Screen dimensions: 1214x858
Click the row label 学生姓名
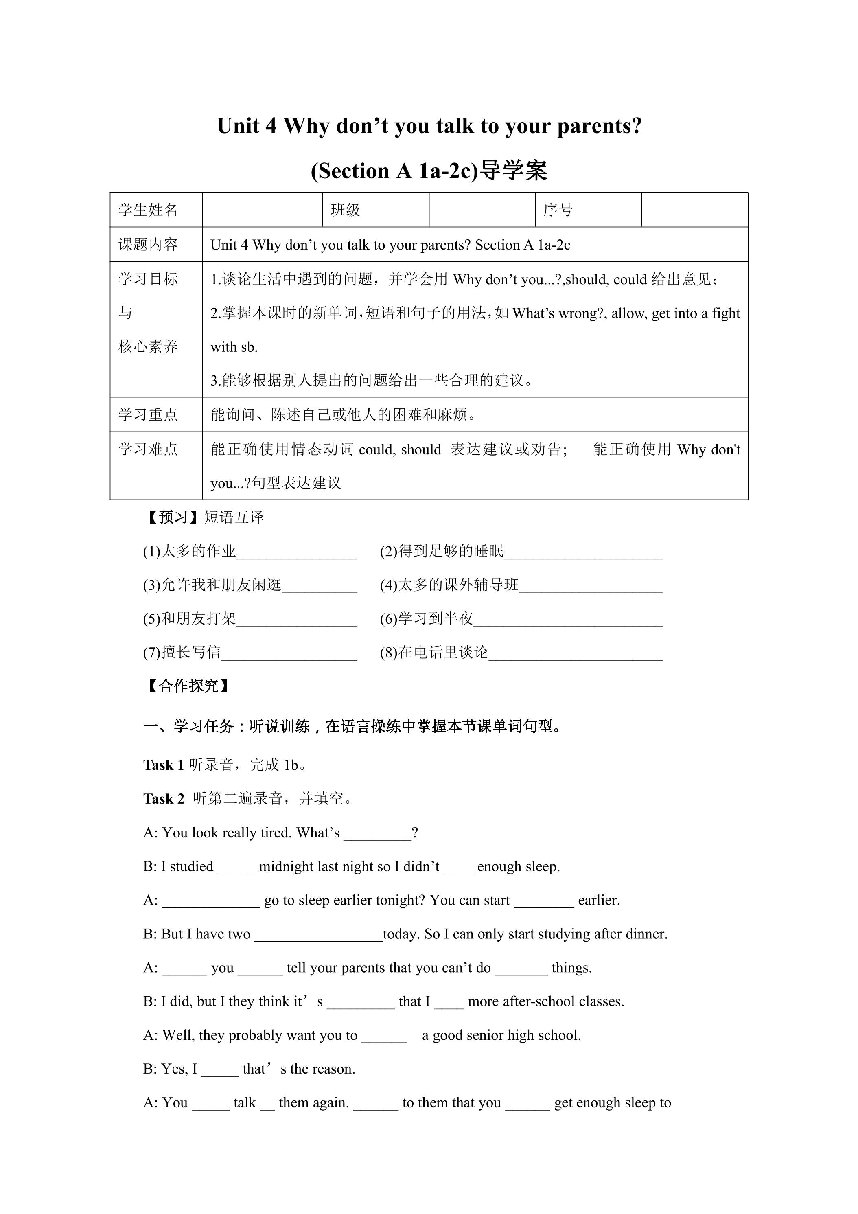click(148, 210)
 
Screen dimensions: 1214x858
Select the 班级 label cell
click(345, 210)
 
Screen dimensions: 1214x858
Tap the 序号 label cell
click(558, 210)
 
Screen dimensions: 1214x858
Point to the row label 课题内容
click(148, 244)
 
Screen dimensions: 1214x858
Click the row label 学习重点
click(148, 414)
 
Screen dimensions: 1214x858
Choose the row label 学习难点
click(148, 449)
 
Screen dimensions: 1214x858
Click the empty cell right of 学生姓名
click(262, 210)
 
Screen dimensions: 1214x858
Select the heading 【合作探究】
click(188, 686)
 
